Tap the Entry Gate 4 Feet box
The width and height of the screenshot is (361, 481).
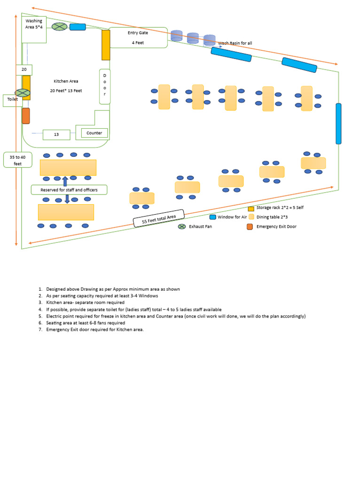(x=138, y=38)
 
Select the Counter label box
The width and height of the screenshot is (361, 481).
(x=94, y=133)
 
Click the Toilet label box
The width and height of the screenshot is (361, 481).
(x=12, y=100)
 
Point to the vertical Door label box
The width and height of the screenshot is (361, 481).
(x=104, y=86)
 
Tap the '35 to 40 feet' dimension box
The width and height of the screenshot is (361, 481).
(x=18, y=160)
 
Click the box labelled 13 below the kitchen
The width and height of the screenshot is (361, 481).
(x=56, y=135)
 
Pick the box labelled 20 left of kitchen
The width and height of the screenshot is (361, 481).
(x=24, y=70)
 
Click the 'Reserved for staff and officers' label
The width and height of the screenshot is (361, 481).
(x=69, y=190)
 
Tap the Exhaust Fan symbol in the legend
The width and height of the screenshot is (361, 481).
(x=182, y=227)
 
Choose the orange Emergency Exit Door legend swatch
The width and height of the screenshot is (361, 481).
(x=250, y=227)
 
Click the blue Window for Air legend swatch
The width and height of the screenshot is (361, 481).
(x=212, y=217)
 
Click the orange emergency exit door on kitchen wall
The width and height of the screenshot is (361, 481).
(x=26, y=116)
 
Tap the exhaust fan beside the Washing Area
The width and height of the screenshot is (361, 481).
(x=59, y=26)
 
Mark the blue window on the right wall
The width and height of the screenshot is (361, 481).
(x=338, y=124)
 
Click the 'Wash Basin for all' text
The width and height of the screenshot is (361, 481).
(x=235, y=43)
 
